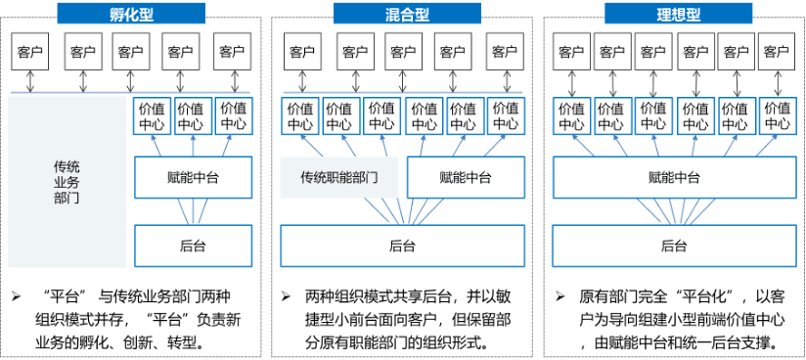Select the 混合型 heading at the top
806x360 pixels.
tap(403, 14)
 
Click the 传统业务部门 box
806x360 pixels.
tap(67, 182)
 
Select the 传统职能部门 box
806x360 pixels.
tap(338, 178)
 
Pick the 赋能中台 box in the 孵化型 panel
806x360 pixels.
tap(193, 178)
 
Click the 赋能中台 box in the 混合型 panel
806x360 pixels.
tap(465, 178)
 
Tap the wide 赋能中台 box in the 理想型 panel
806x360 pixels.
tap(674, 178)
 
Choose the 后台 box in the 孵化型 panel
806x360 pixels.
tap(193, 246)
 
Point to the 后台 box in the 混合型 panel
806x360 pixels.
tap(402, 246)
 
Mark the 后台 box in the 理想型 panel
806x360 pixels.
tap(674, 246)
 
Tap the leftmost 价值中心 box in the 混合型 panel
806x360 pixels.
tap(299, 115)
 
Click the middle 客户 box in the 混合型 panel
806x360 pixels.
tap(402, 51)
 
